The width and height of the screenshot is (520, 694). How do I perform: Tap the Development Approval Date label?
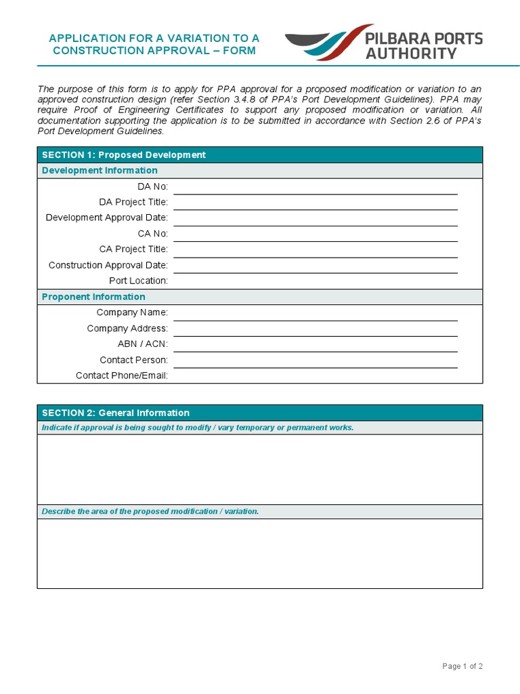(x=107, y=218)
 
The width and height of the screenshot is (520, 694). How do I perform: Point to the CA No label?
(x=153, y=234)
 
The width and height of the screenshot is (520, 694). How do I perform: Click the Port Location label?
(x=138, y=281)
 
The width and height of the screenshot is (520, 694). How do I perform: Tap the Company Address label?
(x=127, y=329)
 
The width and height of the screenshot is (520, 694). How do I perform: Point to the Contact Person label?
(x=133, y=360)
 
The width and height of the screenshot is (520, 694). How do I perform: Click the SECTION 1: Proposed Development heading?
(x=124, y=155)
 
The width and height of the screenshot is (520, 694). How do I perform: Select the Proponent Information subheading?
(x=93, y=297)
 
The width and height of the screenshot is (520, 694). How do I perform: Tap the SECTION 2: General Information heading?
(x=116, y=413)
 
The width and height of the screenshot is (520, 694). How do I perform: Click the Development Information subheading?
(x=100, y=171)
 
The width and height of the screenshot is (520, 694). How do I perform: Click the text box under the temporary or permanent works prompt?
(x=260, y=470)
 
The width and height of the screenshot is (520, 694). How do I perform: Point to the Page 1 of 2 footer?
(x=462, y=666)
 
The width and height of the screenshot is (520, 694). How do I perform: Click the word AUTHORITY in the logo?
(x=411, y=53)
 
